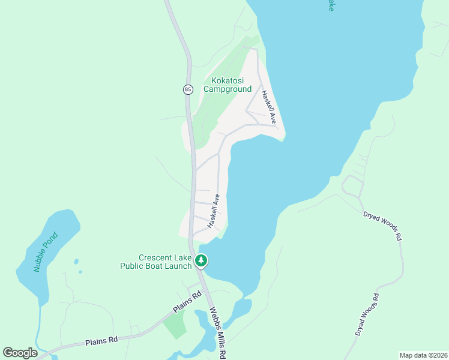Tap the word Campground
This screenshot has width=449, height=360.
click(228, 89)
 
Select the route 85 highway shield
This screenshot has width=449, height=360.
click(188, 89)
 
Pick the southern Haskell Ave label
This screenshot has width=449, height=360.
click(214, 211)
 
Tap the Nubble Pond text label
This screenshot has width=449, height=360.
click(45, 252)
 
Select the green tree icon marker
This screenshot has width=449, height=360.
click(201, 261)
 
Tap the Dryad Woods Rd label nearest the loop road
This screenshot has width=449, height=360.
click(382, 225)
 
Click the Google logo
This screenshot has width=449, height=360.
click(20, 353)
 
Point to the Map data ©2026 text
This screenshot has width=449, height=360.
click(423, 355)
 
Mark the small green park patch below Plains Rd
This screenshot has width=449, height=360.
click(175, 325)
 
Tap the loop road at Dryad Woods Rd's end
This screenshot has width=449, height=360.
click(353, 187)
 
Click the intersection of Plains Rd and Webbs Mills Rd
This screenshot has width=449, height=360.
click(203, 292)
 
